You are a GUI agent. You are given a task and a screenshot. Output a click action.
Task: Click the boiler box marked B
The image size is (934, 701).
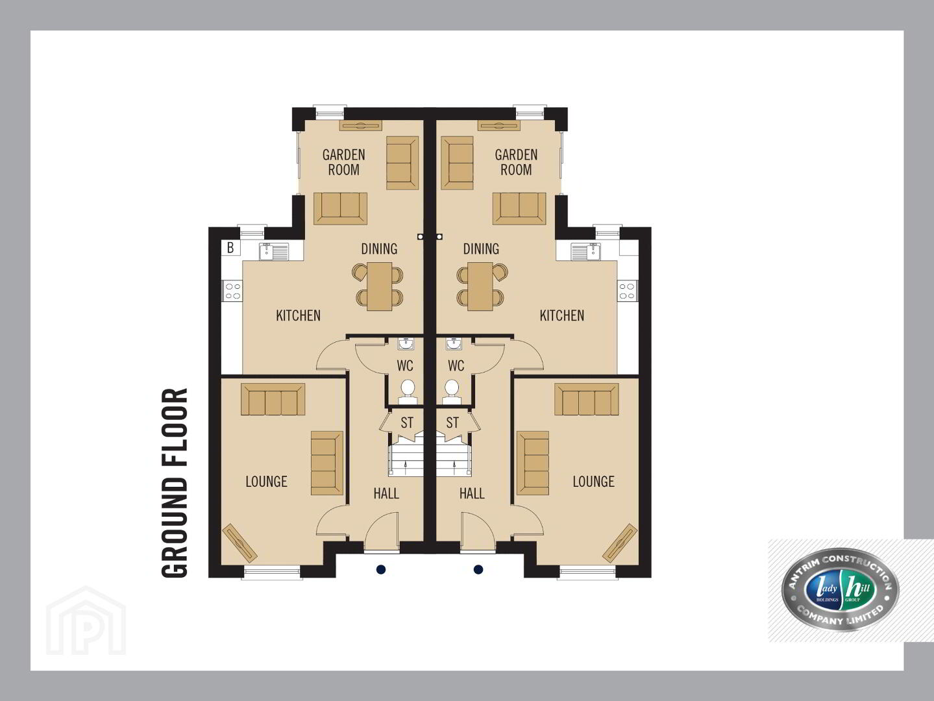230,247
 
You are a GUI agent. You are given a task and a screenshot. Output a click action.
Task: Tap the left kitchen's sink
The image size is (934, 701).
274,251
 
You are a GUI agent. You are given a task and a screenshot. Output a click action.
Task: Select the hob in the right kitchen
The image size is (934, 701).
628,291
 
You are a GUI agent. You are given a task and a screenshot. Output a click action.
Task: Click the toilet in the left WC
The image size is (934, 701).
408,392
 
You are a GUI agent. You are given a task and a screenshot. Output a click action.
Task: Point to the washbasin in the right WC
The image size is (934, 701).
454,344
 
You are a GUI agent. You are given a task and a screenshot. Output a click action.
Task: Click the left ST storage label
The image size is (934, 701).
407,423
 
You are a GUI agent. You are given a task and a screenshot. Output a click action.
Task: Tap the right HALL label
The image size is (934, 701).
472,493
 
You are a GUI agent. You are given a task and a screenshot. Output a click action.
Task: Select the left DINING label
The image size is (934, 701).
379,249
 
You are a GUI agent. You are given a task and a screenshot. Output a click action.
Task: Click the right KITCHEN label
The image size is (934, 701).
561,315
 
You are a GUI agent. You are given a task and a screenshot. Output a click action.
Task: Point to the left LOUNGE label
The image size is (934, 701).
266,482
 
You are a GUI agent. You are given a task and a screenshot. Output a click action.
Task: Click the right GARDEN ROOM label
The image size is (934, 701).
516,162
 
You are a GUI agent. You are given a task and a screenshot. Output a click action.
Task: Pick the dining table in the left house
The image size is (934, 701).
378,286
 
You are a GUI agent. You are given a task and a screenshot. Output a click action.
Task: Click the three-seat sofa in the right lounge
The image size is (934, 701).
586,399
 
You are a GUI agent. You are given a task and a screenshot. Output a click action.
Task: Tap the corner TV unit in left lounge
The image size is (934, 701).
240,542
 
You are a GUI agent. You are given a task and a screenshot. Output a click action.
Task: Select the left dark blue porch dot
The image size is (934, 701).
381,570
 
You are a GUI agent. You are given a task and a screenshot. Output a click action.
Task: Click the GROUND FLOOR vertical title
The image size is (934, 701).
175,483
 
